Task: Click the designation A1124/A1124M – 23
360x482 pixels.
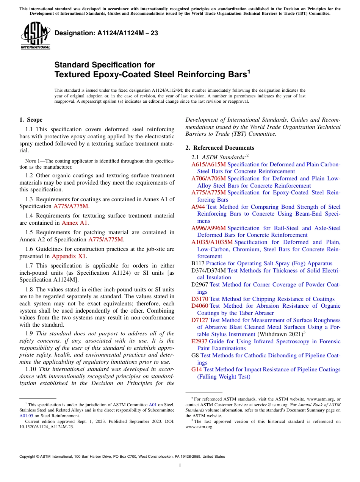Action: pyautogui.click(x=106, y=33)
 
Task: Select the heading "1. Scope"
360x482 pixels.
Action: pyautogui.click(x=31, y=120)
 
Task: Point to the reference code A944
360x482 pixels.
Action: pyautogui.click(x=198, y=207)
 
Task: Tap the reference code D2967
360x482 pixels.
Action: pyautogui.click(x=200, y=285)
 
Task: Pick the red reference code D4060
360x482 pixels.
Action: pyautogui.click(x=200, y=306)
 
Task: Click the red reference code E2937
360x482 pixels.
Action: pyautogui.click(x=199, y=341)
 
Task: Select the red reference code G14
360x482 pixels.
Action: pyautogui.click(x=197, y=369)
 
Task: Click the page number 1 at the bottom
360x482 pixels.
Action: pyautogui.click(x=180, y=466)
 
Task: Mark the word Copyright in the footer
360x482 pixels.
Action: pyautogui.click(x=29, y=457)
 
